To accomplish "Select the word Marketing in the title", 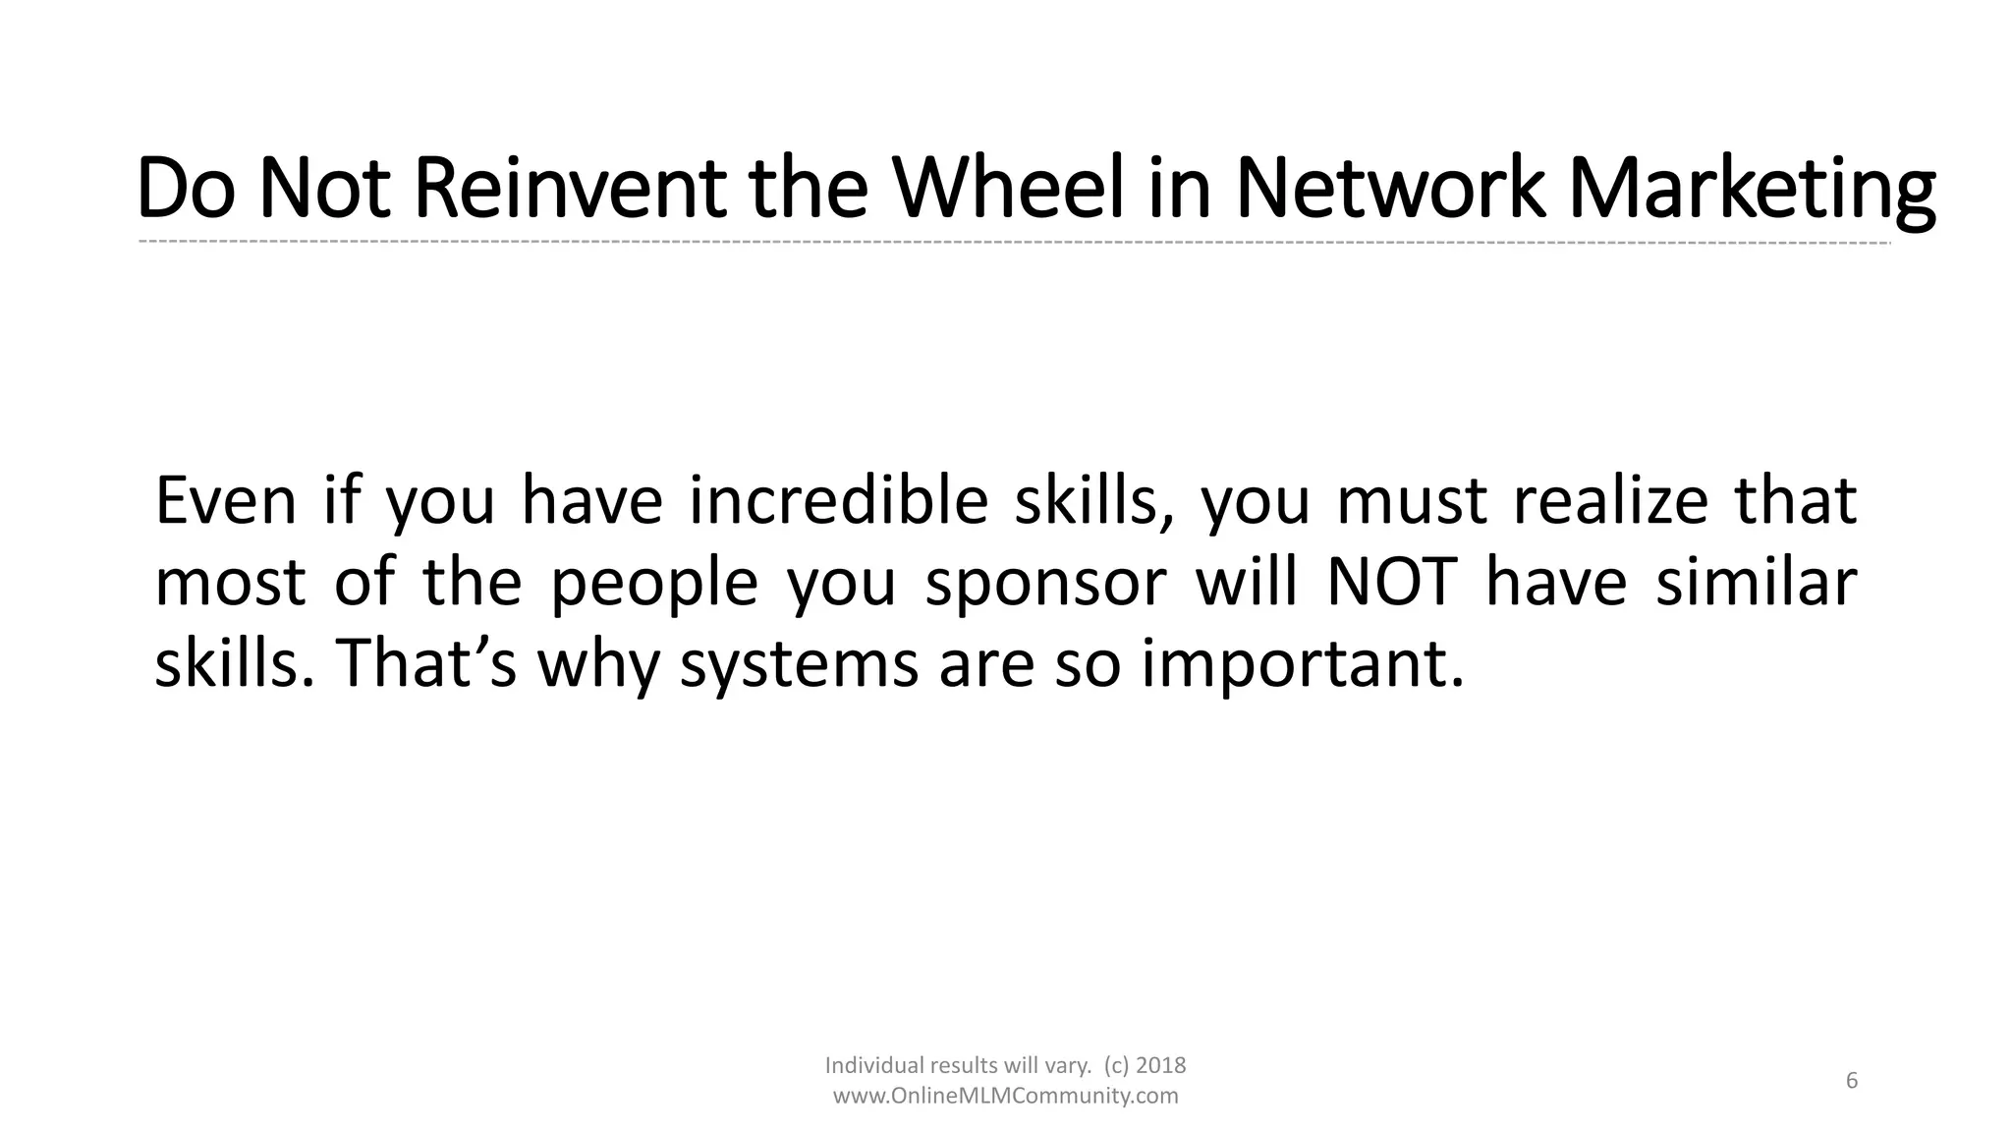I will (x=1751, y=189).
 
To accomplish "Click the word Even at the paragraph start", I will (x=225, y=501).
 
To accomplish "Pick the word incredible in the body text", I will (x=838, y=501).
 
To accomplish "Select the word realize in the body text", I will (x=1610, y=501).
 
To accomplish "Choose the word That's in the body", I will (x=426, y=664).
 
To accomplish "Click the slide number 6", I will (x=1852, y=1081).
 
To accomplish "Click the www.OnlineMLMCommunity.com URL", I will (x=1005, y=1097).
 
